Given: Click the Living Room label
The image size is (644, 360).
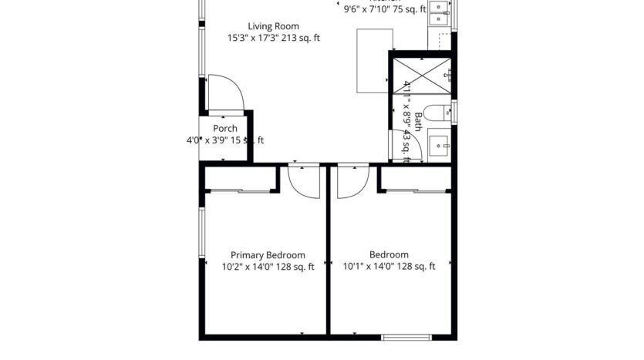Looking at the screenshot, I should [x=263, y=25].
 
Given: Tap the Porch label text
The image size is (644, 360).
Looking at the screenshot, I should [x=225, y=129].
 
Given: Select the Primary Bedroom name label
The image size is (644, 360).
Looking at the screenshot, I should [x=268, y=255].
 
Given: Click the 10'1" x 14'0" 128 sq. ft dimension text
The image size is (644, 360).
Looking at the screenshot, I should [x=389, y=267].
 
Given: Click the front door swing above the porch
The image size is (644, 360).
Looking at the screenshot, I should [x=225, y=93].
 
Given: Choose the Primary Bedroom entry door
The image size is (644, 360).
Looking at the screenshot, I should [x=303, y=180].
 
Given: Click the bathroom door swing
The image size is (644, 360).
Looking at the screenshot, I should [x=402, y=145].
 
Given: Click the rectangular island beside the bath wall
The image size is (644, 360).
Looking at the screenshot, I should [x=373, y=61].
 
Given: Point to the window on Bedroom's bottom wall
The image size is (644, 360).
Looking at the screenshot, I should [x=406, y=336].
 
